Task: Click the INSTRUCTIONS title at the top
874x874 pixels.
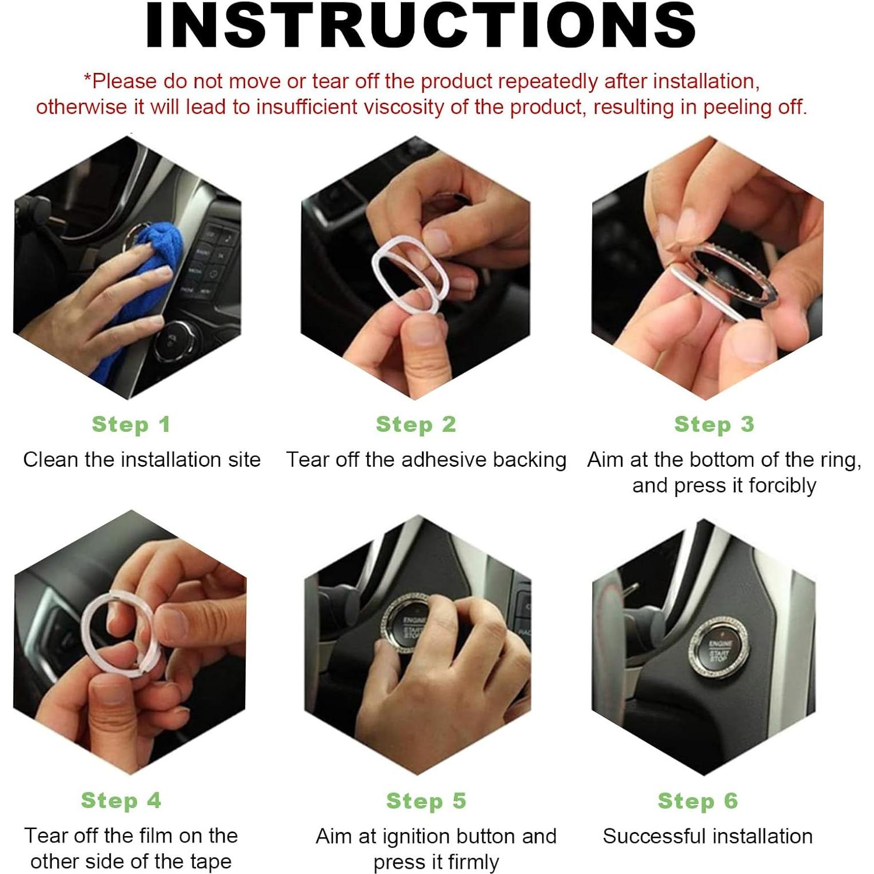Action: [x=420, y=25]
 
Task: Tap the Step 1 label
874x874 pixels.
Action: [x=131, y=425]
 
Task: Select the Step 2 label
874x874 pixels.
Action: [x=415, y=425]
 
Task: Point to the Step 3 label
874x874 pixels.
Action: [x=714, y=425]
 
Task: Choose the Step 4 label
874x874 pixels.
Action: [x=121, y=801]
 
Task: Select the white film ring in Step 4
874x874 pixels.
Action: [x=88, y=630]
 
